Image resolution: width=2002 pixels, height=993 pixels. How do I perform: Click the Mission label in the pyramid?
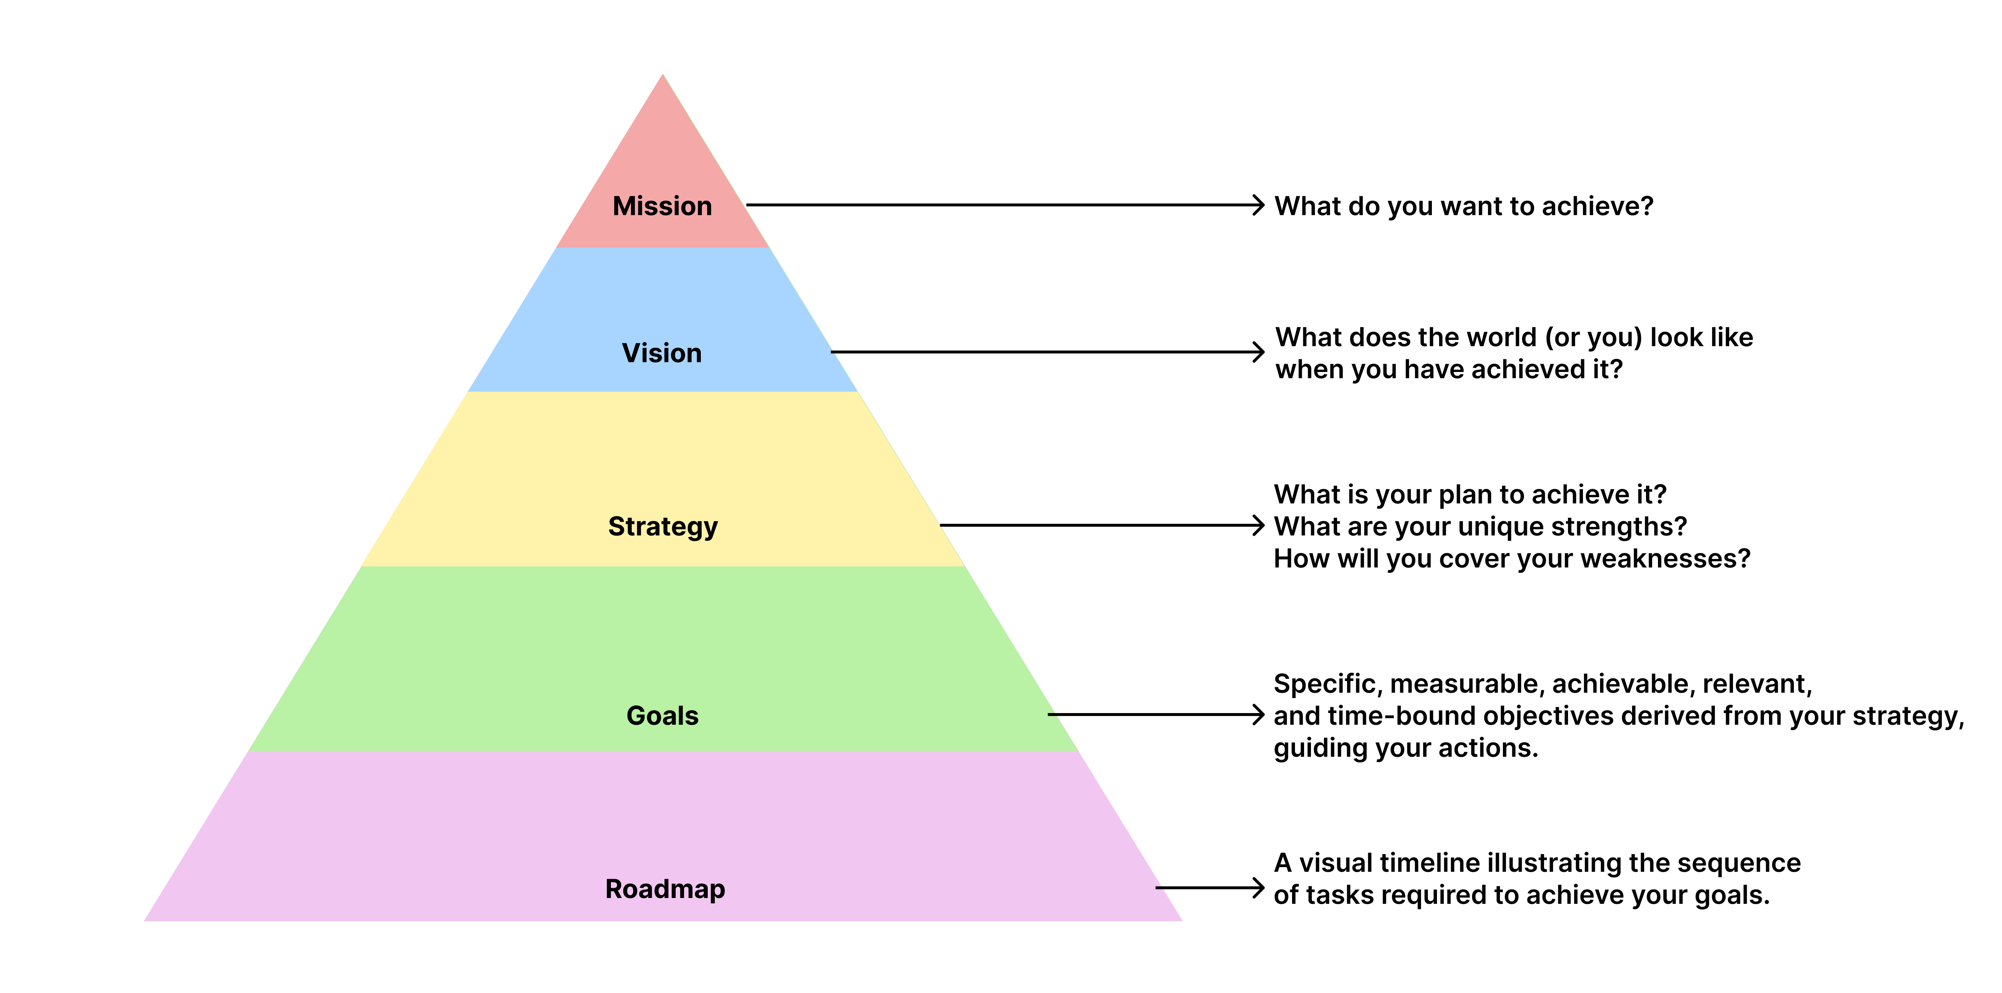662,206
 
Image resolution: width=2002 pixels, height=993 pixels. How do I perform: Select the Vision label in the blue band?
662,353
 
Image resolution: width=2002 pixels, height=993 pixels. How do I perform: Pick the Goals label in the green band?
662,715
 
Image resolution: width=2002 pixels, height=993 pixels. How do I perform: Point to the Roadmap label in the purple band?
664,888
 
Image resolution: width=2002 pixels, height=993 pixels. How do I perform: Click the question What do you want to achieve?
1464,206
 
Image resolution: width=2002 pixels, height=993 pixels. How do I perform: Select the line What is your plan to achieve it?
1470,494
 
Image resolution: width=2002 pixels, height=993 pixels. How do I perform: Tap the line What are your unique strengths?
1480,526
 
